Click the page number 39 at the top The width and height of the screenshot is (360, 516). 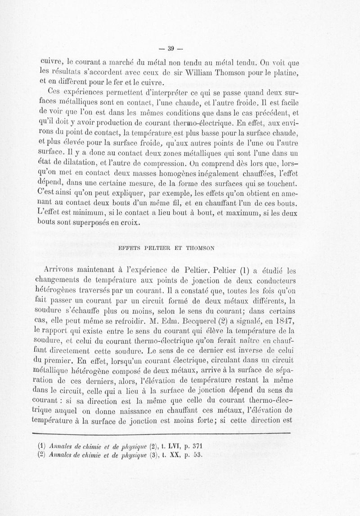(171, 49)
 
